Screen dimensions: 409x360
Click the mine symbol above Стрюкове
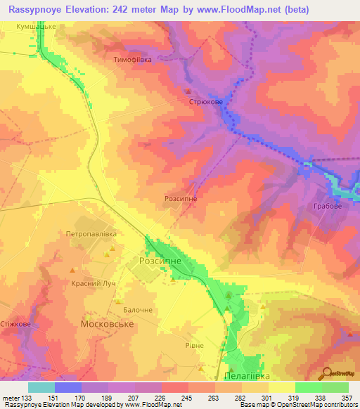[188, 92]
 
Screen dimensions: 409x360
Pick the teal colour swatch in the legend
[41, 387]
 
